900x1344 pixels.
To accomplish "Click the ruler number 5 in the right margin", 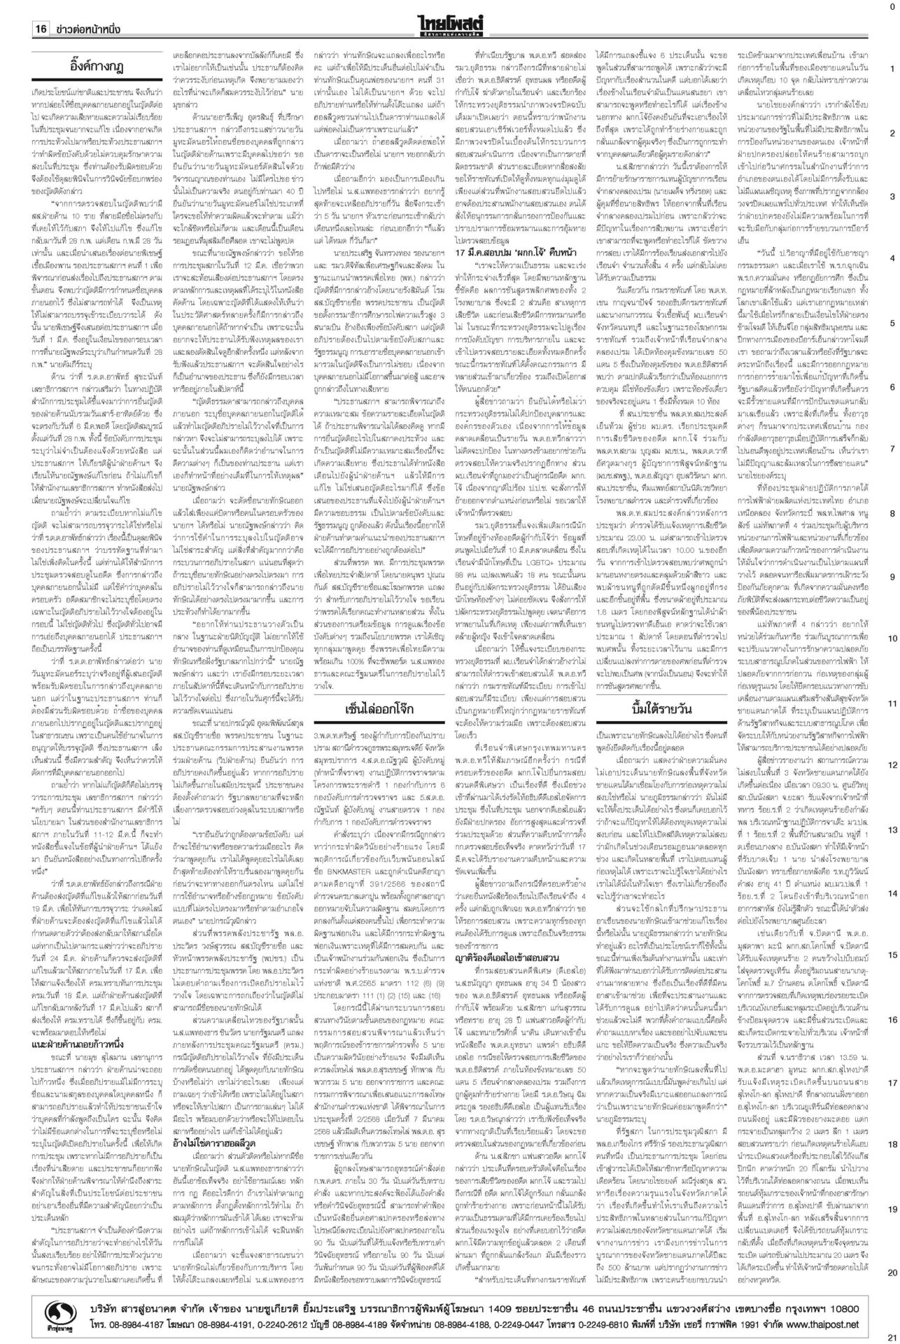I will (891, 323).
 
